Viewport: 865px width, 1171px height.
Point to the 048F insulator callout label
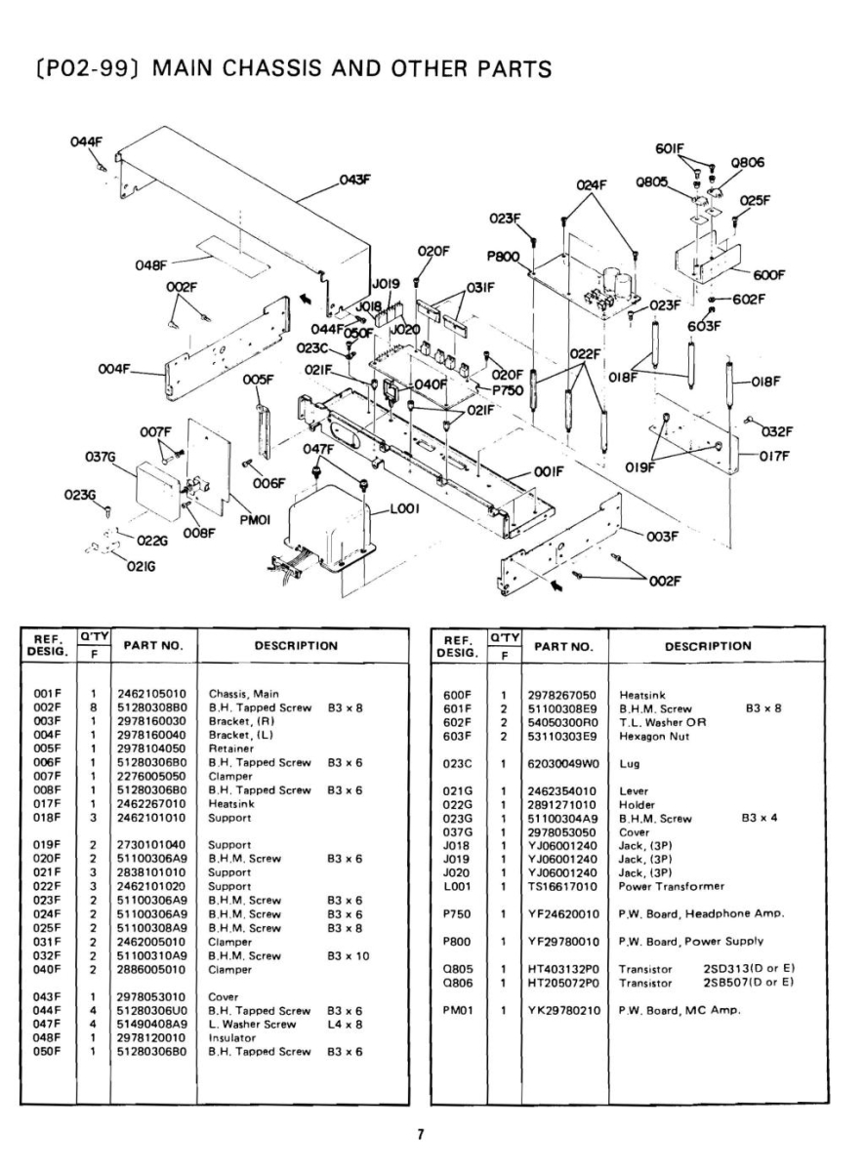[151, 263]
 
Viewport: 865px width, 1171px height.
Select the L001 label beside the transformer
[404, 508]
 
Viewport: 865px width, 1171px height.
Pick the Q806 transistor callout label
[747, 163]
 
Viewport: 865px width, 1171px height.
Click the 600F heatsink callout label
[768, 274]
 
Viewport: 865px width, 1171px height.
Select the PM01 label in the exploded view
[254, 521]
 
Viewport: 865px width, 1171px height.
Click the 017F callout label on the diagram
[777, 454]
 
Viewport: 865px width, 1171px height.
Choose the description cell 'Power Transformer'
[672, 886]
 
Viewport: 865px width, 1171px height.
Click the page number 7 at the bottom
[421, 1134]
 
